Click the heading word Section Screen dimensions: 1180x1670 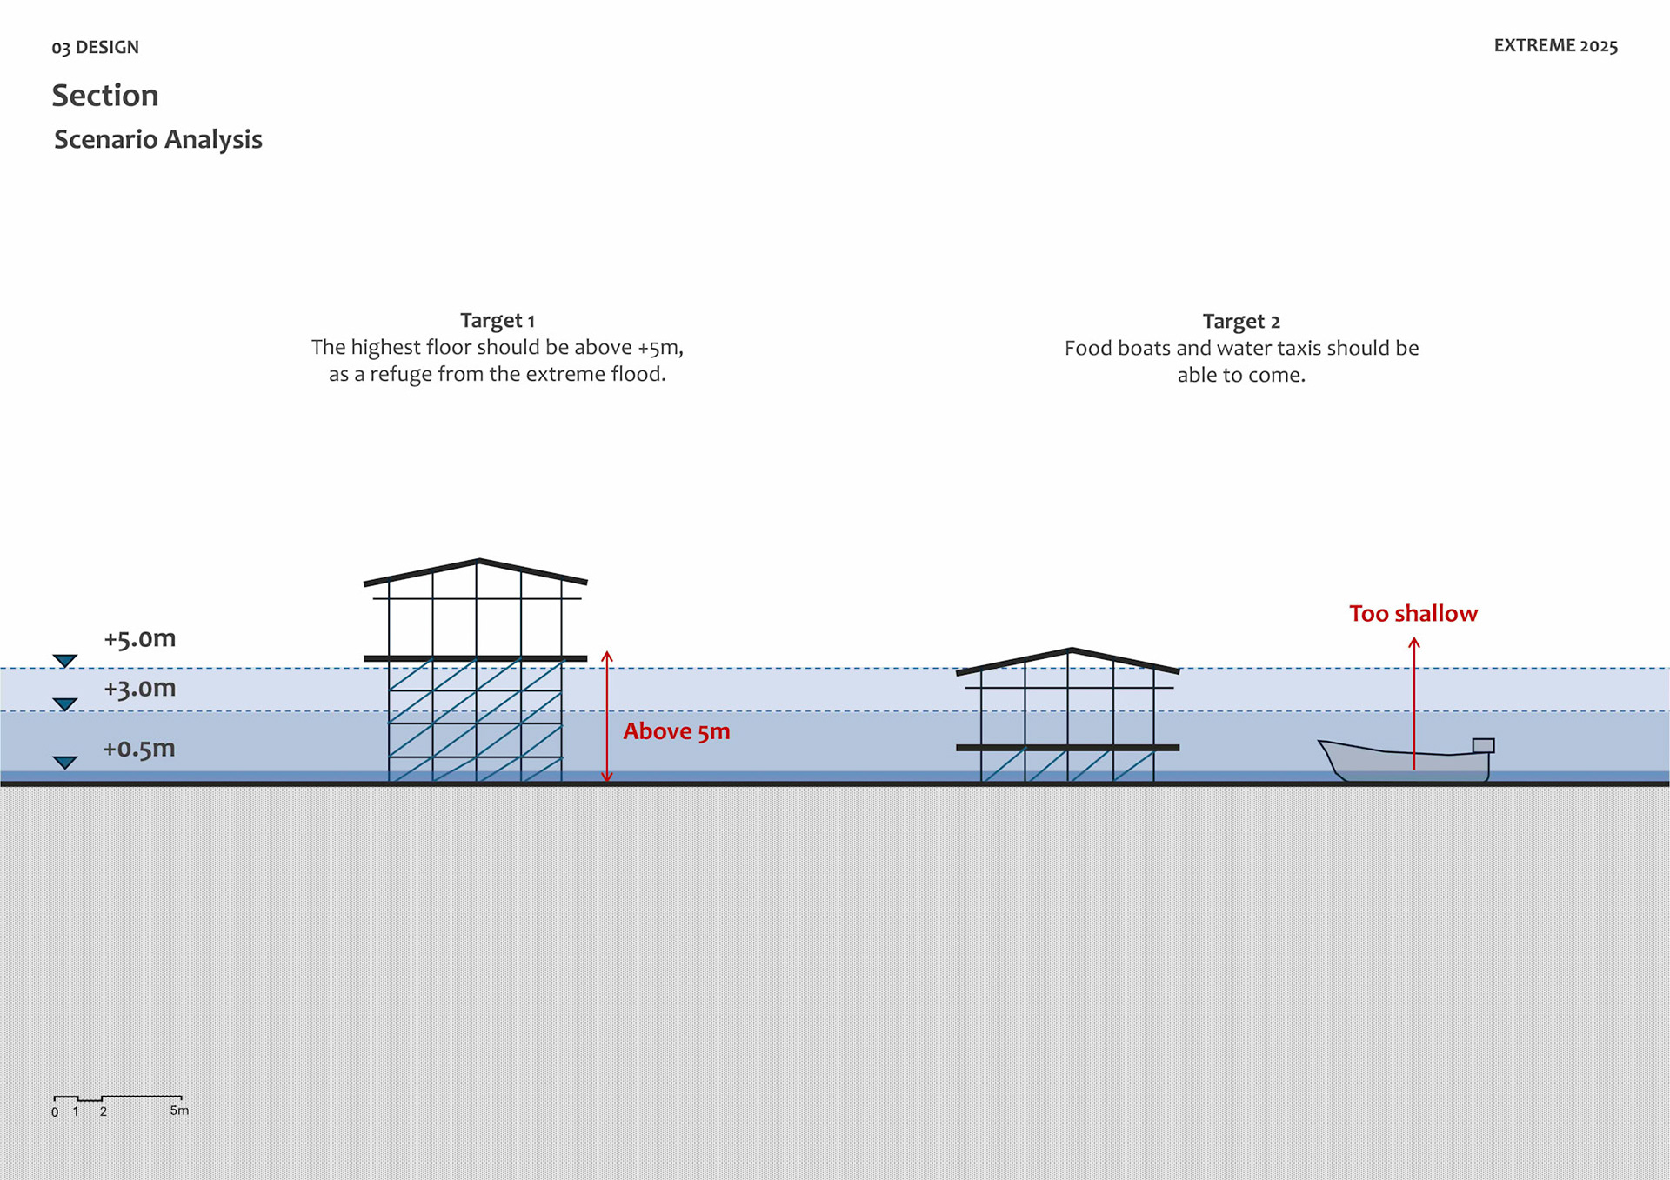[x=105, y=96]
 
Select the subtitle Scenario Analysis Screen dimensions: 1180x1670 [x=158, y=139]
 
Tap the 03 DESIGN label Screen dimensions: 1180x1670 [x=95, y=47]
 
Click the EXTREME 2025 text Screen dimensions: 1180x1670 [x=1555, y=46]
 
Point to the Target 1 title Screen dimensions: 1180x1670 [x=497, y=321]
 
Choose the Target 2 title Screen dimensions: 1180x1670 [x=1240, y=322]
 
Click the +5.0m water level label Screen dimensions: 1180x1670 [x=139, y=639]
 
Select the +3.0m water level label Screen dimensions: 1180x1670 [x=139, y=689]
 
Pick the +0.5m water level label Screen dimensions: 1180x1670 [x=139, y=749]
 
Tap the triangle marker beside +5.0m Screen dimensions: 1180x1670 [x=65, y=661]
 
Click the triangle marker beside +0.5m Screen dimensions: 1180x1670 [x=65, y=763]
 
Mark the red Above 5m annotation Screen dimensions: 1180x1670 [x=676, y=731]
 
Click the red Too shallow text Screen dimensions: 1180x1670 [x=1413, y=614]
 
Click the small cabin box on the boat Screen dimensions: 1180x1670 [x=1483, y=745]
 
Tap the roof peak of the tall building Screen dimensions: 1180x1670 [x=478, y=561]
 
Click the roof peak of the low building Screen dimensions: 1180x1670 [x=1071, y=650]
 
